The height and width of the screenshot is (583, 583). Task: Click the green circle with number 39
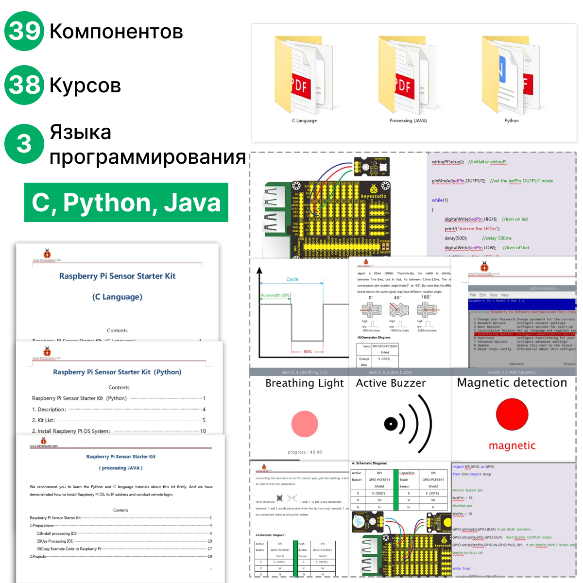(24, 32)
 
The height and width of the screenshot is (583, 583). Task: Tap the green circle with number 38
(24, 85)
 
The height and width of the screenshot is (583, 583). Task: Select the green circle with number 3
(24, 144)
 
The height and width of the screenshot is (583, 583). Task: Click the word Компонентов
(116, 32)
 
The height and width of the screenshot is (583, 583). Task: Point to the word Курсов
(85, 86)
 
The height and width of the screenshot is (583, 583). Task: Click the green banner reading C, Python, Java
(126, 203)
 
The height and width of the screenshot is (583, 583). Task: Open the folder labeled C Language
(304, 78)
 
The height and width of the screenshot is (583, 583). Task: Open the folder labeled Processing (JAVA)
(408, 78)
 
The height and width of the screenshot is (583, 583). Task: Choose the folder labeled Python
(511, 78)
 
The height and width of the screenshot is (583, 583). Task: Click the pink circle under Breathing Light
(305, 424)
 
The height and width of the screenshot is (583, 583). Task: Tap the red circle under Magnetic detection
(512, 414)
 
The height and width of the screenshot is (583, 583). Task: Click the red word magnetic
(512, 446)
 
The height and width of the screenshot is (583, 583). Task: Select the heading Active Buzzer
(391, 383)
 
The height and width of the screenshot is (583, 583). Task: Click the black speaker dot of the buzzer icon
(391, 424)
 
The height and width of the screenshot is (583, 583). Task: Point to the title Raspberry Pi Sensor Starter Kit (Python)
(117, 372)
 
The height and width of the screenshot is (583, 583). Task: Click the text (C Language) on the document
(117, 297)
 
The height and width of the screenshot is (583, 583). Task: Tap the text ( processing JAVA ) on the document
(120, 468)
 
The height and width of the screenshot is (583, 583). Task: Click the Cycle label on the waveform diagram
(292, 279)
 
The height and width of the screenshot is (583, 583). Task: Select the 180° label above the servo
(426, 297)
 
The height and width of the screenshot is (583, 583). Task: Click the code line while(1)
(440, 200)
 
